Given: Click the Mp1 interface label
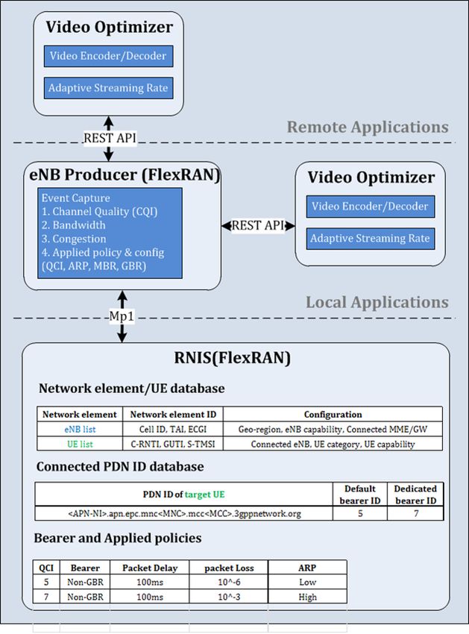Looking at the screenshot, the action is (x=122, y=316).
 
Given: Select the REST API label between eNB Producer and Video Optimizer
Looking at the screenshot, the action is (x=258, y=225).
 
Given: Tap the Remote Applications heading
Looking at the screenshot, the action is (x=368, y=127).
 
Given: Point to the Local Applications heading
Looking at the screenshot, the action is (x=377, y=302).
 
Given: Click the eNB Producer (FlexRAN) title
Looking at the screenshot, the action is (x=125, y=175).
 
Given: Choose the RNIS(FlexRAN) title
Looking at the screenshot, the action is (x=232, y=358).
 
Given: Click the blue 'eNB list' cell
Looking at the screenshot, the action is (x=80, y=429).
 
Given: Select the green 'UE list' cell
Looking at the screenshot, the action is (x=80, y=444).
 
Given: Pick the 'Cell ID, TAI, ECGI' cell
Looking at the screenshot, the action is (x=173, y=429).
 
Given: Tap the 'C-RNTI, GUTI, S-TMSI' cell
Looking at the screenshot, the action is (x=173, y=444).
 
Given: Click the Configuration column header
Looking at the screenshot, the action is (x=333, y=415).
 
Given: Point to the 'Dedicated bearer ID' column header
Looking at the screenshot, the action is (x=415, y=494).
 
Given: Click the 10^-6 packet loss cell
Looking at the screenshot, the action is (x=229, y=582).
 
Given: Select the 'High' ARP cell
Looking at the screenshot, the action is (x=307, y=597).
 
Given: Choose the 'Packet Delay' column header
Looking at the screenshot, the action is (x=150, y=568).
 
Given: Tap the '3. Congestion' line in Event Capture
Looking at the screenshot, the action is (x=74, y=239).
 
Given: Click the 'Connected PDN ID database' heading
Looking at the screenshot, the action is (x=120, y=467).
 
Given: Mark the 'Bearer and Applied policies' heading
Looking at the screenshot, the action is (x=118, y=539).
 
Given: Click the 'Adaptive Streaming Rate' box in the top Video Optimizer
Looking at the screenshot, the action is (x=108, y=88).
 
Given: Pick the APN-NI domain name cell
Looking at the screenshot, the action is (x=184, y=513).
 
